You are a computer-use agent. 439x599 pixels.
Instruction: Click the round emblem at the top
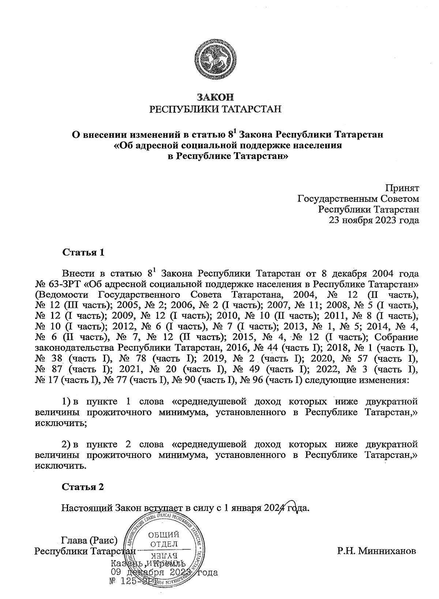pyautogui.click(x=215, y=60)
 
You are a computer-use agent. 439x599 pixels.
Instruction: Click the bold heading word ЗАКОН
pyautogui.click(x=215, y=97)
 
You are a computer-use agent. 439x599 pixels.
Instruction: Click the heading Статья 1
pyautogui.click(x=84, y=253)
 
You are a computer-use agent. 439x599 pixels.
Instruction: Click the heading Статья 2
pyautogui.click(x=83, y=487)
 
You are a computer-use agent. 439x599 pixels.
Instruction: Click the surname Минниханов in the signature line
pyautogui.click(x=377, y=551)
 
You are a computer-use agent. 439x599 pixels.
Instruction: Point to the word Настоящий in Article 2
pyautogui.click(x=87, y=509)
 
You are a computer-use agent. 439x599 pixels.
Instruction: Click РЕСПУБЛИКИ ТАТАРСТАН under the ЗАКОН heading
pyautogui.click(x=215, y=109)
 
